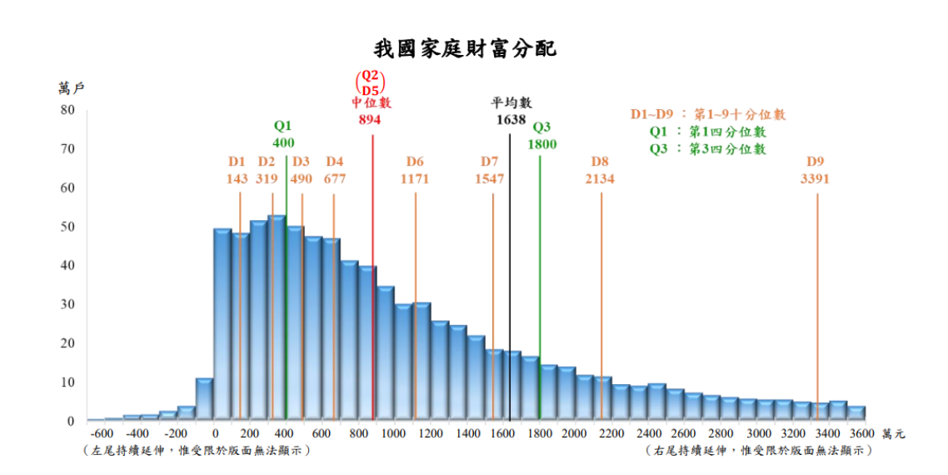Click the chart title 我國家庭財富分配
coord(464,48)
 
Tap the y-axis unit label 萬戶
coord(71,87)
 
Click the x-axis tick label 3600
coord(861,434)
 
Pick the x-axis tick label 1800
coord(539,434)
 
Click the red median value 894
coord(370,119)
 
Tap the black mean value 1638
coord(510,119)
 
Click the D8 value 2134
coord(600,178)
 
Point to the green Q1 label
coord(283,127)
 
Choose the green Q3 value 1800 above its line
coord(541,143)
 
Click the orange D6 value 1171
coord(415,178)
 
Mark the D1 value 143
coord(237,178)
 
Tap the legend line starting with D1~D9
coord(707,114)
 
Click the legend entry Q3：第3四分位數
coord(707,149)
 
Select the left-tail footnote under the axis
coord(197,450)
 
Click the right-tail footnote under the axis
coord(759,450)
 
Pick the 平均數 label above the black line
coord(510,102)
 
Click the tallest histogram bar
coord(277,317)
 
